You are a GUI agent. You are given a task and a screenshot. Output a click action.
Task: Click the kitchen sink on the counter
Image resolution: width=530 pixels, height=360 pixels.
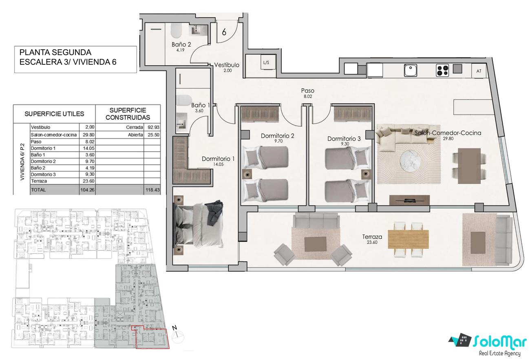(x=411, y=70)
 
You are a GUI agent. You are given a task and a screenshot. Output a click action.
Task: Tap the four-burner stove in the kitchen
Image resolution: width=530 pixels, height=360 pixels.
(x=442, y=71)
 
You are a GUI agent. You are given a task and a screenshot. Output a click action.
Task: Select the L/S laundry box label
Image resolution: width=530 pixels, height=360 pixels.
(x=266, y=62)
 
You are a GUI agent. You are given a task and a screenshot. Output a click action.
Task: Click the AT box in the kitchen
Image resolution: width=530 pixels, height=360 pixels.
(x=479, y=71)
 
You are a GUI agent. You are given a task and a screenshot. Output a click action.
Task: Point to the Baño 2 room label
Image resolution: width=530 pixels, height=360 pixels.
(x=181, y=44)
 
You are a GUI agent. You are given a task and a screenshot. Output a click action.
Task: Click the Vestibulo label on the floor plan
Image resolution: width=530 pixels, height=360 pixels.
(x=227, y=65)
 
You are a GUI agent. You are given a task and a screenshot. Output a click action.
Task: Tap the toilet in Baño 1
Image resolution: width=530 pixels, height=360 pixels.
(x=184, y=100)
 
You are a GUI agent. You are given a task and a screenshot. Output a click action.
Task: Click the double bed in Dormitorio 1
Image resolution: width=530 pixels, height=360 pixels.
(x=199, y=225)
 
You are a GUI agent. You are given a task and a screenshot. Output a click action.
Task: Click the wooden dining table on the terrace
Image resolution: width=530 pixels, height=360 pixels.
(x=408, y=239)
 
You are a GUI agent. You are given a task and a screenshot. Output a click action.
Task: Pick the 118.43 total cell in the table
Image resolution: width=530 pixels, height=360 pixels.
(x=152, y=190)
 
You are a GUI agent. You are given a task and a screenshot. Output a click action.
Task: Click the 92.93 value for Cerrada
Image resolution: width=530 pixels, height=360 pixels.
(x=154, y=127)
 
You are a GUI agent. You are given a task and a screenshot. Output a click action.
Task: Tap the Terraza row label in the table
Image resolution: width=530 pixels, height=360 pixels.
(x=39, y=181)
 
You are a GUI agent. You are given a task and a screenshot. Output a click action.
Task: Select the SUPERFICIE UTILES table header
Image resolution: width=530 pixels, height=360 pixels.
(x=54, y=114)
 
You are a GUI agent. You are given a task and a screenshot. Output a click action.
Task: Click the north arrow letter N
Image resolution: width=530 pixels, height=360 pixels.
(x=174, y=328)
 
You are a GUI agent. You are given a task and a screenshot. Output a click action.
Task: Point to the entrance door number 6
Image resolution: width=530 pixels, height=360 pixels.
(x=224, y=32)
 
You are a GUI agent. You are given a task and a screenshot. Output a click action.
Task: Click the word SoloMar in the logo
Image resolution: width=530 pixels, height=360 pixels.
(x=500, y=342)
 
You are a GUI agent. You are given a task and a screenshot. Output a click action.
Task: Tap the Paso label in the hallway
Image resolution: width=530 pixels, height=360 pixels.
(x=307, y=91)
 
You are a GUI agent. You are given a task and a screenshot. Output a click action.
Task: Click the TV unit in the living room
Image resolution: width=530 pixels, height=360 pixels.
(x=410, y=200)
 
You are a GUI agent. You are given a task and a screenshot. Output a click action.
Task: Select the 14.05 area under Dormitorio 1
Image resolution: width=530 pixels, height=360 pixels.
(x=218, y=164)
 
